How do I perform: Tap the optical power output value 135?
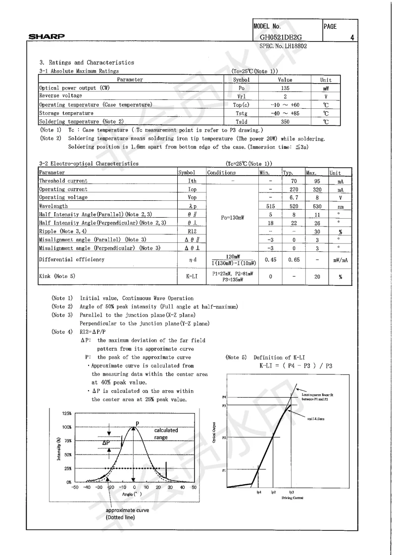click(x=285, y=88)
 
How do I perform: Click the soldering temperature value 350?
click(x=285, y=121)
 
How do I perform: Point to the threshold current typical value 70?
click(x=294, y=181)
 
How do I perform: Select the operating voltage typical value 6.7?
click(x=294, y=197)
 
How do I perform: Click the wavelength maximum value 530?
click(x=317, y=205)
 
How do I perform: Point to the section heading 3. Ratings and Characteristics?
click(x=87, y=62)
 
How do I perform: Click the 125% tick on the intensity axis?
click(x=66, y=413)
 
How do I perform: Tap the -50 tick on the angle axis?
click(x=74, y=487)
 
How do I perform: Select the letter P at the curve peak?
click(x=138, y=423)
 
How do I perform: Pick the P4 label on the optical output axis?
click(x=224, y=397)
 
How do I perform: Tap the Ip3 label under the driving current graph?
click(x=292, y=492)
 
